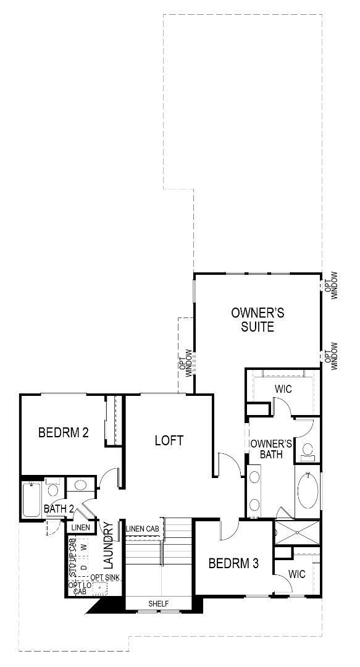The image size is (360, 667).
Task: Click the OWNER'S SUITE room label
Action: [253, 319]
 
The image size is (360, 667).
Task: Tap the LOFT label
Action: [169, 440]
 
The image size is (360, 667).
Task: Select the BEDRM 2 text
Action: [63, 432]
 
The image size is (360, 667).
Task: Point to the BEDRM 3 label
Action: [233, 563]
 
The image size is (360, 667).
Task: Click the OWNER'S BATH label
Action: [270, 449]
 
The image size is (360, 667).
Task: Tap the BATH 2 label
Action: [59, 509]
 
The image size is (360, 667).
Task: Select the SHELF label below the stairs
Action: [158, 603]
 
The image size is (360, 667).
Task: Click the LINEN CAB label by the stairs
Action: [143, 529]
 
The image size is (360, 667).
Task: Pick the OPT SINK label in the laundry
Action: [105, 577]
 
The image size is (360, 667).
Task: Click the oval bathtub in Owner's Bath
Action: [307, 490]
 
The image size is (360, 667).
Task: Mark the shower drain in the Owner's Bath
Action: [298, 531]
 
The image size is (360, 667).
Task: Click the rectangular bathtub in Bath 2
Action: [31, 500]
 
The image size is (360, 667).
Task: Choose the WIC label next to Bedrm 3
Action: [297, 574]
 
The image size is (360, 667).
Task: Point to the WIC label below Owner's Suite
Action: [283, 390]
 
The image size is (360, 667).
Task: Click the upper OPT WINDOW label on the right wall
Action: [331, 285]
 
